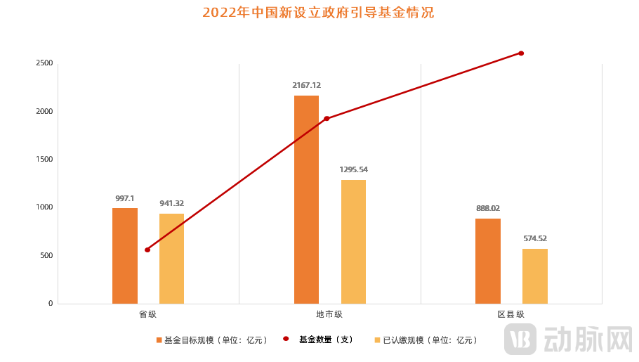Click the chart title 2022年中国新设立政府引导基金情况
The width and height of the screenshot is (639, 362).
(x=318, y=13)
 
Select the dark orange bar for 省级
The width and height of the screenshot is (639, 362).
(x=125, y=256)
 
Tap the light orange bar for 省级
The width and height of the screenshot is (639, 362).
(x=171, y=259)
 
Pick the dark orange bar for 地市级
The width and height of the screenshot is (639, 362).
(x=306, y=200)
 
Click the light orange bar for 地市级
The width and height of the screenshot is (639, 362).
(x=353, y=242)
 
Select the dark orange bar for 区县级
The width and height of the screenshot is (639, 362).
(x=488, y=261)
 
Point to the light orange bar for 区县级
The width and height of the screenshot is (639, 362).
(x=534, y=276)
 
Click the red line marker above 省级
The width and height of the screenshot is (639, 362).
(x=147, y=250)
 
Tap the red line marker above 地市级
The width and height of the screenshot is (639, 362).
(x=327, y=118)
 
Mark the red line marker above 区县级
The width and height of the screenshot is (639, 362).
(x=521, y=53)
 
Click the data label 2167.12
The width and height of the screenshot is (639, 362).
(x=306, y=85)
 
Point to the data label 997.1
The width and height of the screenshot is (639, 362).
(x=125, y=198)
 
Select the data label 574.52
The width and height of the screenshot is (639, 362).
(x=534, y=238)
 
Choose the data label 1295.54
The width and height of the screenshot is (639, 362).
(x=353, y=169)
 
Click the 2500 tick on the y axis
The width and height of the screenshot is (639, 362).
(x=44, y=63)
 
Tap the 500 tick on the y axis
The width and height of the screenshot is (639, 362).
(x=46, y=255)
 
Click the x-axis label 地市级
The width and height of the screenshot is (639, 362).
(x=329, y=314)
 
